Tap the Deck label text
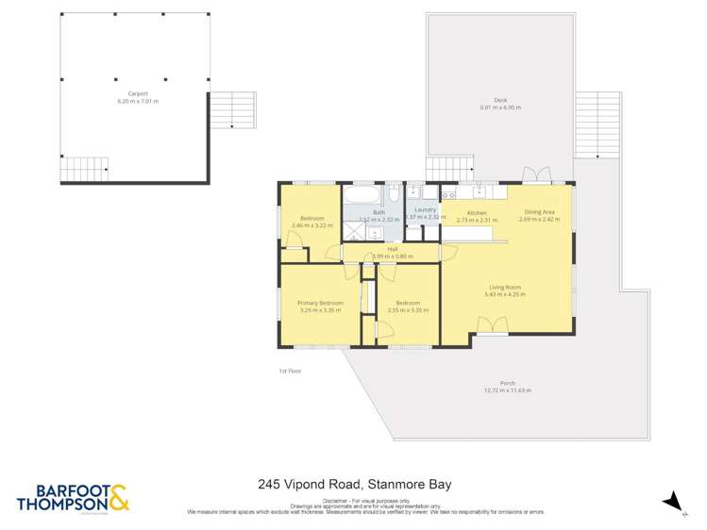499,101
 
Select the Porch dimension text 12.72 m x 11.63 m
507,390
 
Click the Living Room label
505,287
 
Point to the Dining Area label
542,212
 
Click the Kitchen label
477,213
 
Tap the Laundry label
424,210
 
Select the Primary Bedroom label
320,303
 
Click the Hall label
379,249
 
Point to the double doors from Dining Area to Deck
538,174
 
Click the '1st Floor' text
290,371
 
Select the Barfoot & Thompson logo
72,498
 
